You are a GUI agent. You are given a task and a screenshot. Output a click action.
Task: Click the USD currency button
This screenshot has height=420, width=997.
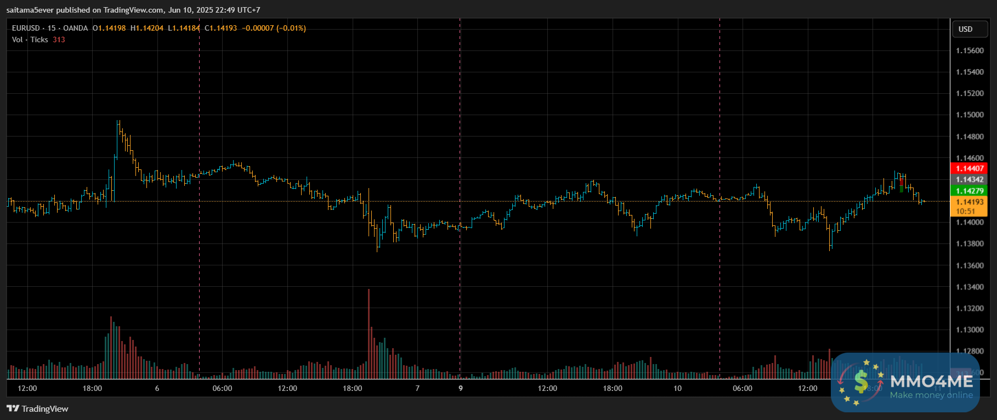click(x=965, y=29)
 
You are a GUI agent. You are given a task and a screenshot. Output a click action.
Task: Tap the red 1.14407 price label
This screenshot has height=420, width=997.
click(x=970, y=168)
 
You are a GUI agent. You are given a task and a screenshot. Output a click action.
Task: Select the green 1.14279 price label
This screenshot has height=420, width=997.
click(x=970, y=191)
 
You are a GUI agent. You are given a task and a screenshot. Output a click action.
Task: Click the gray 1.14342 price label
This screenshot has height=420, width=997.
click(x=970, y=179)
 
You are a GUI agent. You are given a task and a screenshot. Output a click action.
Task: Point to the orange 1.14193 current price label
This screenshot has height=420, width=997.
click(x=970, y=202)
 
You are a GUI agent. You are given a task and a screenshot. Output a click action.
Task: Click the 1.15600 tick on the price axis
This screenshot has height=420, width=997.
click(x=970, y=50)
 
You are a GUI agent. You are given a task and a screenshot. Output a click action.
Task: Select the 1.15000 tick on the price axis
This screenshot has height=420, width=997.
click(x=970, y=115)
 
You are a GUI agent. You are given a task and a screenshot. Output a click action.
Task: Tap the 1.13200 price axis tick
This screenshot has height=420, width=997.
click(x=970, y=309)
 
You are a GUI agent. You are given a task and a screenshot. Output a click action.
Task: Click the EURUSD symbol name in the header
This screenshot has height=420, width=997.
click(x=26, y=28)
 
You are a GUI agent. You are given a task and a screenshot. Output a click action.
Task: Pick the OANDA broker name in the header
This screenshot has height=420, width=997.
click(x=75, y=28)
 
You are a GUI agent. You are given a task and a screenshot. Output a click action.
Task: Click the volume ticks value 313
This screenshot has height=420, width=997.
click(x=59, y=39)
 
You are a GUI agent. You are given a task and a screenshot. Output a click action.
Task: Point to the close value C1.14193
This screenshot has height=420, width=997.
click(x=220, y=28)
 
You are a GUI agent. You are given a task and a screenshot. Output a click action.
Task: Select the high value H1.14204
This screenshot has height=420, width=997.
click(x=147, y=28)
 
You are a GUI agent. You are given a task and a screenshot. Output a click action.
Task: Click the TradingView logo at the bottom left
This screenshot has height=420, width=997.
click(x=37, y=408)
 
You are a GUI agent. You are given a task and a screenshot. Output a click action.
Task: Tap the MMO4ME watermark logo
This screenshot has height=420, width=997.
click(x=905, y=382)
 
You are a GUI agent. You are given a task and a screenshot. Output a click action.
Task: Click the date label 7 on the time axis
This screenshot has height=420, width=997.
click(x=417, y=388)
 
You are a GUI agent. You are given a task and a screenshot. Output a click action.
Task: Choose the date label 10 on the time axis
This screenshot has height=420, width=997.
click(x=677, y=388)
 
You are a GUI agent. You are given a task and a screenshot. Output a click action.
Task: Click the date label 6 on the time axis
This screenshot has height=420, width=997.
click(x=157, y=388)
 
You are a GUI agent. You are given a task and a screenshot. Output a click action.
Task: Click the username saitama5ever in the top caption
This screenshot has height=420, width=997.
click(x=30, y=10)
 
